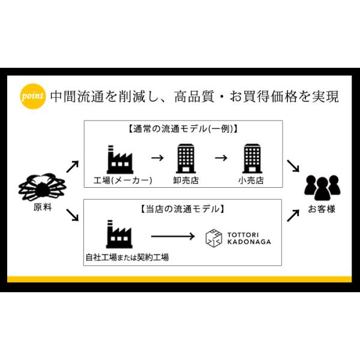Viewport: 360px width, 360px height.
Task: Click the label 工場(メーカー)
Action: [x=123, y=180]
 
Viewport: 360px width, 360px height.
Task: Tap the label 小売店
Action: [x=251, y=180]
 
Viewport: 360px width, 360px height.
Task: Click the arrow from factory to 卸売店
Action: [x=158, y=159]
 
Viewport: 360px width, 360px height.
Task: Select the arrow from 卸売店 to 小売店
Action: [x=221, y=159]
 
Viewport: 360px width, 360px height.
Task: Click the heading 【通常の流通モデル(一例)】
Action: [x=183, y=129]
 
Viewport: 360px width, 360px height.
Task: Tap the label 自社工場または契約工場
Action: [x=127, y=257]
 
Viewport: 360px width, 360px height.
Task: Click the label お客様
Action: [x=322, y=209]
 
